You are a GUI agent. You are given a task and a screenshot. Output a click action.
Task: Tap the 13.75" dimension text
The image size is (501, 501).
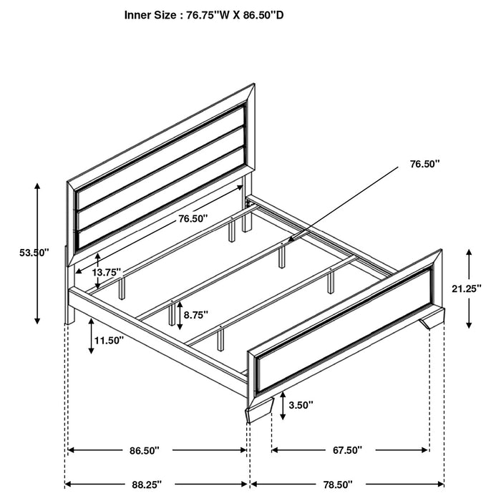point(107,273)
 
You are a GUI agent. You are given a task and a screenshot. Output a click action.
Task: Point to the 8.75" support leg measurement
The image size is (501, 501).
point(195,313)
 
